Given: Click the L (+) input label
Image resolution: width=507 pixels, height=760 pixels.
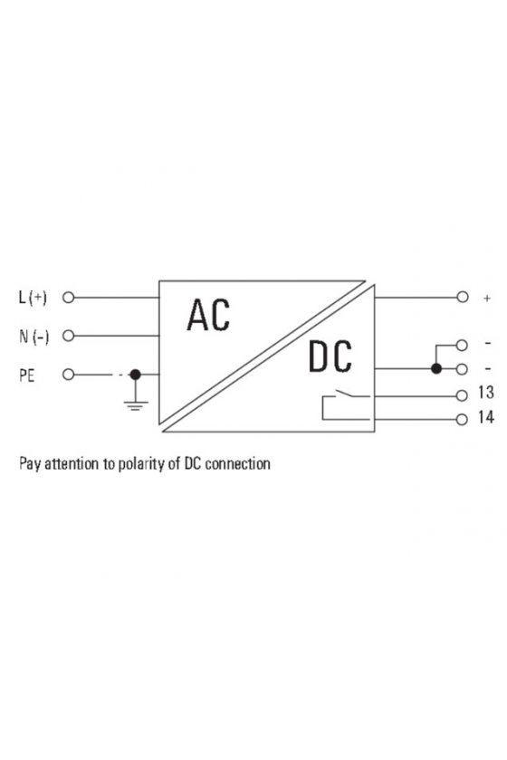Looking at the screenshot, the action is click(x=33, y=297).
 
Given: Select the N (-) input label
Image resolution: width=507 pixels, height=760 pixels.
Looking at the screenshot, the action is click(x=34, y=336).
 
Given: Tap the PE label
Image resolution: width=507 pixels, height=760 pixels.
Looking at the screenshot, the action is click(x=27, y=375).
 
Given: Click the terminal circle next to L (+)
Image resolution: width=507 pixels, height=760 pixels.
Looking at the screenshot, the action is click(x=69, y=297).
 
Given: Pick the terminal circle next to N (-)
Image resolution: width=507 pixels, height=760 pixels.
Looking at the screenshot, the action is click(x=69, y=336).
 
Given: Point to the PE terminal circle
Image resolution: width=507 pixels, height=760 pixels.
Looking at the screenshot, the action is click(x=69, y=375).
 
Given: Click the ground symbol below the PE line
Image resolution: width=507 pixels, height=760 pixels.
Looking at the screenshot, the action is click(x=136, y=405).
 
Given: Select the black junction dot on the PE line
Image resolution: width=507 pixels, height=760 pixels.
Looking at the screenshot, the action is click(x=136, y=375).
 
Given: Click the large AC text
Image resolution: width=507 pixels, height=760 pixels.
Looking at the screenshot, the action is click(x=208, y=315).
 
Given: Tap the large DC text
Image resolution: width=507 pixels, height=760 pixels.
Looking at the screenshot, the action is click(x=330, y=356).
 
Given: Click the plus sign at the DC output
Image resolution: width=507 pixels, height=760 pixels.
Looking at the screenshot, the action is click(x=486, y=298).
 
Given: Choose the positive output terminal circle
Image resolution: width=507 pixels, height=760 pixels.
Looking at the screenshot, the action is click(x=463, y=297).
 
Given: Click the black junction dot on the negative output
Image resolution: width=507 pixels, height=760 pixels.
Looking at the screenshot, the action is click(x=436, y=369).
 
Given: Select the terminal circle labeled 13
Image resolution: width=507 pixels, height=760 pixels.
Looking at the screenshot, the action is click(x=462, y=395).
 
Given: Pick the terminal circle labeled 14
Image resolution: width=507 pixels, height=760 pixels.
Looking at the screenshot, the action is click(x=462, y=419).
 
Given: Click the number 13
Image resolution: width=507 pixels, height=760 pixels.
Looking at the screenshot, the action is click(x=485, y=392).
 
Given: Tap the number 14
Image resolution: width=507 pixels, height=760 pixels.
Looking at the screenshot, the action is click(x=485, y=417).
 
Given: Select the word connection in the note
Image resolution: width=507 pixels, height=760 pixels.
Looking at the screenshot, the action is click(x=237, y=464).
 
